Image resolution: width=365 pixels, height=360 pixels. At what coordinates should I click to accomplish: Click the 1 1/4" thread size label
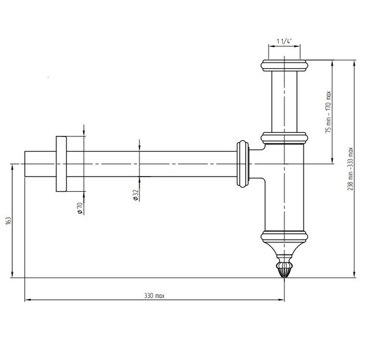tap(284, 41)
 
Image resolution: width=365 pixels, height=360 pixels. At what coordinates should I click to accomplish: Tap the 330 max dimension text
tap(155, 296)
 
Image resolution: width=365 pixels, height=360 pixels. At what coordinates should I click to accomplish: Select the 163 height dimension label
tap(9, 221)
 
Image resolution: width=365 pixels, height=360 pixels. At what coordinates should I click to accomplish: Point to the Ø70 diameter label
tap(80, 208)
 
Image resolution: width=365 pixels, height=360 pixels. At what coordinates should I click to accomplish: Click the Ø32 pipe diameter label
tap(136, 195)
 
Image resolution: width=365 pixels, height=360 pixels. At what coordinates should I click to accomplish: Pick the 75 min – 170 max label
tap(328, 111)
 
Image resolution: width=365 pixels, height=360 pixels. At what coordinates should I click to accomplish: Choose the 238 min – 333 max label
tap(350, 169)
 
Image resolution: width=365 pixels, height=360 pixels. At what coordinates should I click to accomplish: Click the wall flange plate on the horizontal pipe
tap(61, 164)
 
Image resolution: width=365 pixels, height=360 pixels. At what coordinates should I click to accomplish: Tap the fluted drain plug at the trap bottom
tap(284, 269)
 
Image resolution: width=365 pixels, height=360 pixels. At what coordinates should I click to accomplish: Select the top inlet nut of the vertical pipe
tap(284, 66)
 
